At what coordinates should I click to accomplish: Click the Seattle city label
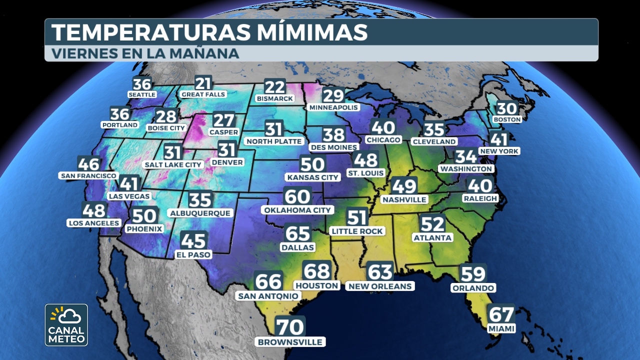[x=142, y=94]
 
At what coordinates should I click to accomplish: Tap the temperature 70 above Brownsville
[x=290, y=327]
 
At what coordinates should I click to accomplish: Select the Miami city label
[x=501, y=328]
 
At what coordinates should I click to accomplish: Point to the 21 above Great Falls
[x=203, y=82]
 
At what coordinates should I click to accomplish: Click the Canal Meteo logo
[x=66, y=324]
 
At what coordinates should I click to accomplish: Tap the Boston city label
[x=507, y=119]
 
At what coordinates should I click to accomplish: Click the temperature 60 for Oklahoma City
[x=297, y=196]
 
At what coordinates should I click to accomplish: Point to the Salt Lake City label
[x=172, y=164]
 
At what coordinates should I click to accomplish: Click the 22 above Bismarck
[x=274, y=87]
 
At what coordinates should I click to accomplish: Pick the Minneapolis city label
[x=334, y=107]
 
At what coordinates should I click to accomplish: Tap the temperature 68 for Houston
[x=317, y=271]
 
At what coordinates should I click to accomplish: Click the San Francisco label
[x=88, y=176]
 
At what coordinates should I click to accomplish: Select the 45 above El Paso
[x=193, y=241]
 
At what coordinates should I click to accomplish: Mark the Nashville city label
[x=404, y=199]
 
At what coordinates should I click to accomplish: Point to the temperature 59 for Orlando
[x=472, y=273]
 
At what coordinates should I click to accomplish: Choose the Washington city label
[x=466, y=169]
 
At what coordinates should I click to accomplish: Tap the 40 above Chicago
[x=383, y=127]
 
